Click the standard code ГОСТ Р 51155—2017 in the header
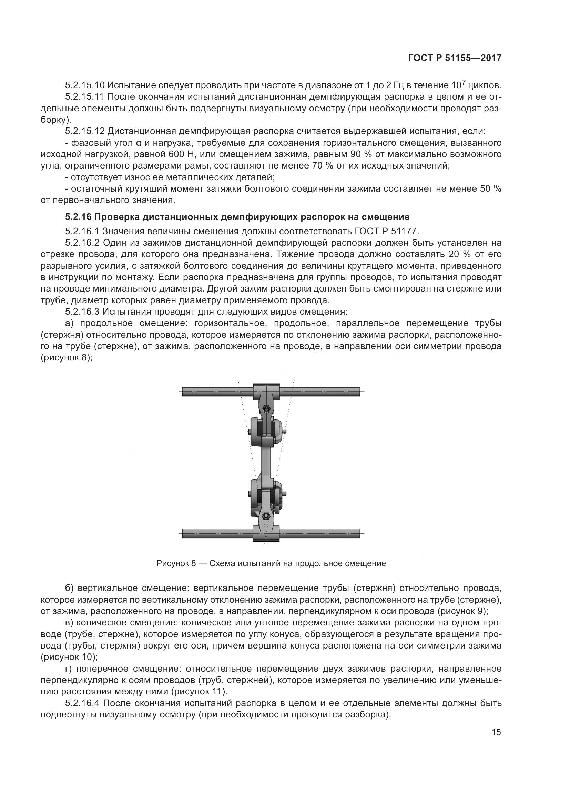coord(455,58)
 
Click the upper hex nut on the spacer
coord(266,408)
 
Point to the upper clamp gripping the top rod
coord(266,391)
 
